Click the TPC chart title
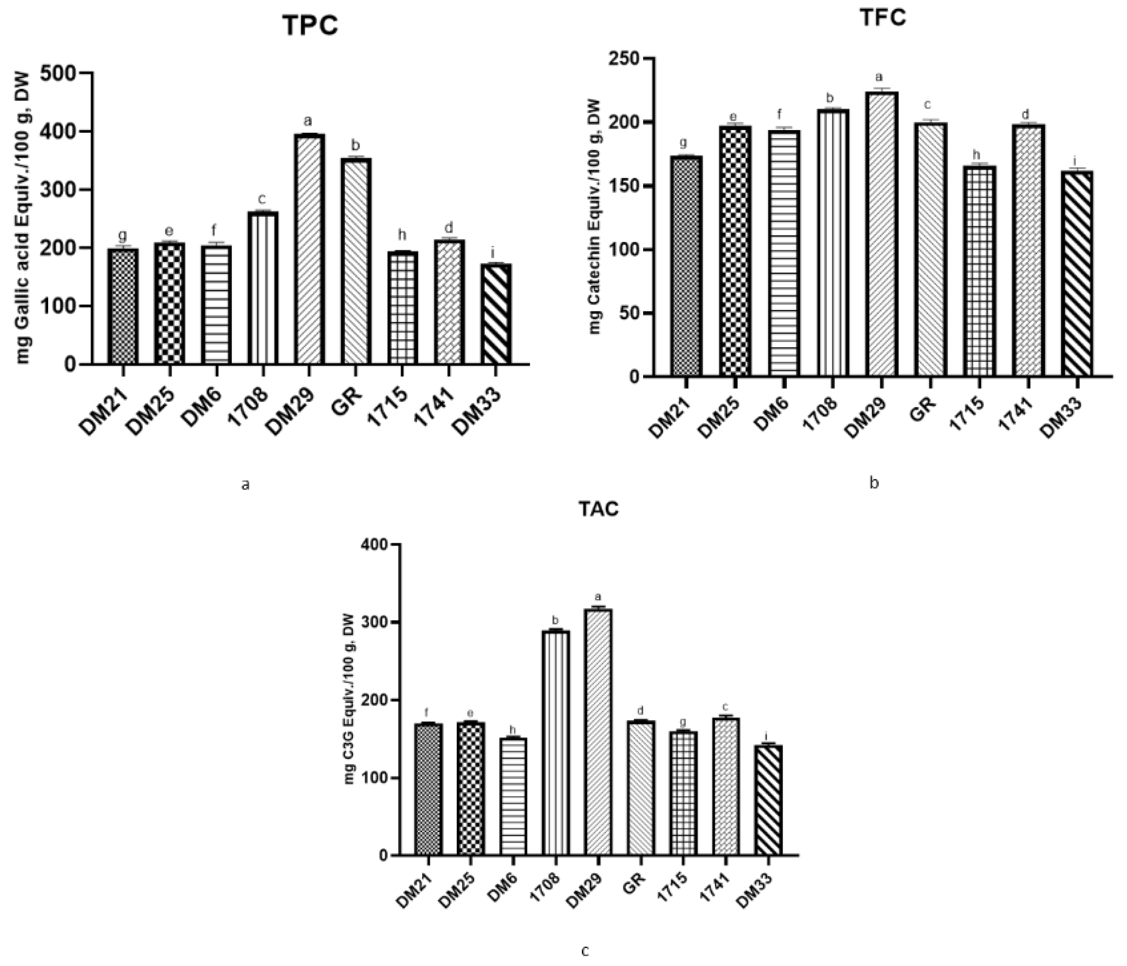click(310, 25)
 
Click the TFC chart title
click(882, 17)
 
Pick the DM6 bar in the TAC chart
click(513, 796)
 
